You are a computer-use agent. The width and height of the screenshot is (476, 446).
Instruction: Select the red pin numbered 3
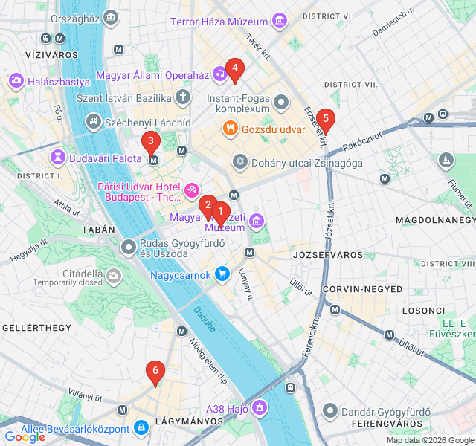[x=151, y=140]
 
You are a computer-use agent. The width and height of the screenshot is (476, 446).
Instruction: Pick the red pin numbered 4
[x=234, y=70]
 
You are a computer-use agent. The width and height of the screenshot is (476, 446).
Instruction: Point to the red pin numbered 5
[x=325, y=119]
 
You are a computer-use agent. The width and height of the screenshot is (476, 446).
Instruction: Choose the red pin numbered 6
[x=155, y=371]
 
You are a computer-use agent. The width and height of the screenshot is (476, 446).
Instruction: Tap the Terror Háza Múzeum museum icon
[x=280, y=21]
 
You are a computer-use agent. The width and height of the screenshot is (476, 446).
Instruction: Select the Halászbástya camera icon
[x=16, y=82]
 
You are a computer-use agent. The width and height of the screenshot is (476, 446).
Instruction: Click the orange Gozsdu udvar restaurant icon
[x=231, y=129]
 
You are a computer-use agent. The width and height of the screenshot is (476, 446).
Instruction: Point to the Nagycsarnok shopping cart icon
[x=222, y=274]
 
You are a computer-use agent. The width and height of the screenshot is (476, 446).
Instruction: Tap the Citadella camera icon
[x=114, y=277]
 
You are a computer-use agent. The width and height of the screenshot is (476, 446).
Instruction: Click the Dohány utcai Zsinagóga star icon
[x=239, y=161]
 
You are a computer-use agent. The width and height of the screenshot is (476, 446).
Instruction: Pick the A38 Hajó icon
[x=259, y=407]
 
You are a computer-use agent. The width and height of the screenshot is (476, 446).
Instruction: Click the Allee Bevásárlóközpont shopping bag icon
[x=141, y=427]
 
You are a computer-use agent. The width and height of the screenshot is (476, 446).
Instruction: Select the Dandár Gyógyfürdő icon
[x=330, y=411]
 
